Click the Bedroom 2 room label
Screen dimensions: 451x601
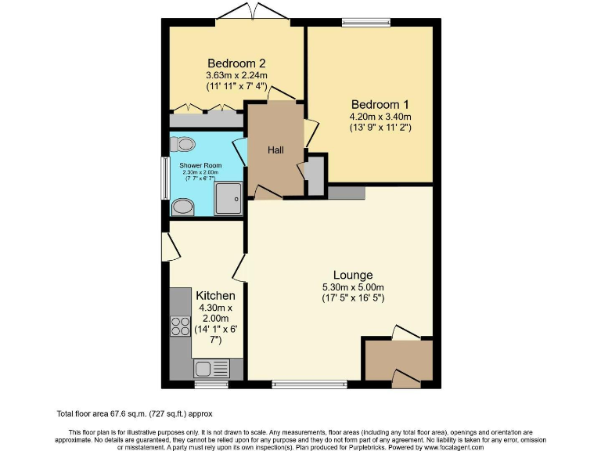tap(236, 63)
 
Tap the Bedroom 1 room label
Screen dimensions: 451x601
tap(380, 104)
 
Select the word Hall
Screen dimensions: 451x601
tap(275, 150)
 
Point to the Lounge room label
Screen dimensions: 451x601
tap(352, 275)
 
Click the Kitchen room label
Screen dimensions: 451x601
tap(215, 295)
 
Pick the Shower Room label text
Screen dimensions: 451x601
tap(200, 165)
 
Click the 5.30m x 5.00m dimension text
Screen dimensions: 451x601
tap(352, 287)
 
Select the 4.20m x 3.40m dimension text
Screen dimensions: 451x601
tap(380, 116)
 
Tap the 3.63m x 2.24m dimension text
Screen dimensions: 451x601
tap(236, 76)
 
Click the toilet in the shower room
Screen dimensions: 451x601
tap(185, 144)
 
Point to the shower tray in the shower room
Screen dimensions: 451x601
tap(230, 198)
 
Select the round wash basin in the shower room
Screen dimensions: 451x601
tap(183, 206)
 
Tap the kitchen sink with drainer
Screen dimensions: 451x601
tap(211, 368)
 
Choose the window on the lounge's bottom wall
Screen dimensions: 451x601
tap(309, 384)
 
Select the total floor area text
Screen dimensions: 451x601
tap(134, 413)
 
